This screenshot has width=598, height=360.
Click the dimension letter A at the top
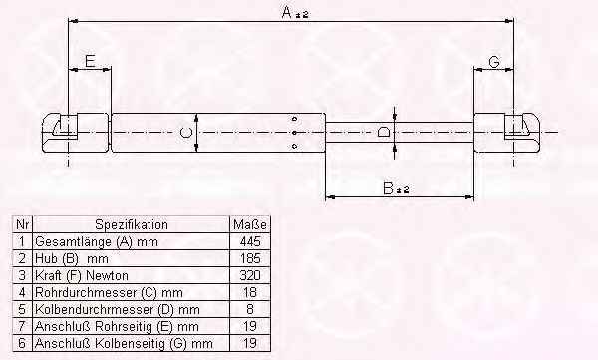tap(287, 13)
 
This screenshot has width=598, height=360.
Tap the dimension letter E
tap(90, 61)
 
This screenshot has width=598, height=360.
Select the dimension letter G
tap(494, 62)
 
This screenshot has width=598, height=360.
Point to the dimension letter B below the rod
tap(388, 188)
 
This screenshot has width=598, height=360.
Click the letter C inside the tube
tap(186, 133)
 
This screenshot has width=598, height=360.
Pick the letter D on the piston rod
tap(384, 132)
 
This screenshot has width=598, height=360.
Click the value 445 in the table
tap(250, 241)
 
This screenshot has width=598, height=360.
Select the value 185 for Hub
tap(250, 258)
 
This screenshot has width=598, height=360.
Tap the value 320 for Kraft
tap(250, 275)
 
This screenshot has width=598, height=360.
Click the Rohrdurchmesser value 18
tap(250, 292)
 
